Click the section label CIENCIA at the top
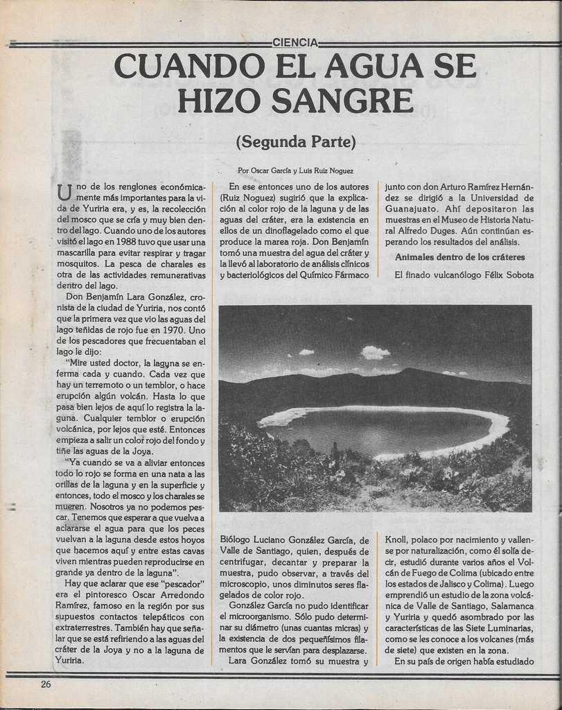[x=295, y=42]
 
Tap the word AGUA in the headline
[x=374, y=67]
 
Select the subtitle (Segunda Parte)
[x=295, y=142]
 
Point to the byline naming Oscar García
[x=295, y=171]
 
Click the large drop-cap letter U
[x=64, y=192]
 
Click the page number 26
[x=46, y=684]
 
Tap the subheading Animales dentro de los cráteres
[x=459, y=257]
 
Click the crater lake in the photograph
[x=381, y=430]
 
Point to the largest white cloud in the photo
[x=375, y=353]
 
